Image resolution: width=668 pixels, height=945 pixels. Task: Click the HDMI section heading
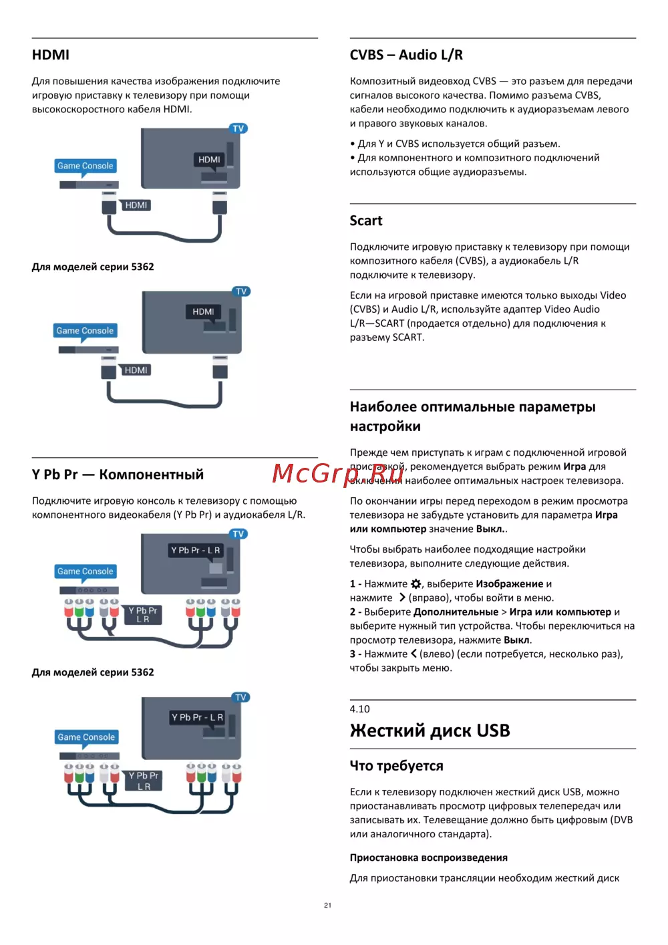pyautogui.click(x=51, y=55)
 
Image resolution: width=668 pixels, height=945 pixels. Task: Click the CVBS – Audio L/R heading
pyautogui.click(x=406, y=55)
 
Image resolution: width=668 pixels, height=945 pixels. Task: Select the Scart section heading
pyautogui.click(x=366, y=221)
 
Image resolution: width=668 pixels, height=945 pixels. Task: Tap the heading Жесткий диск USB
pyautogui.click(x=430, y=730)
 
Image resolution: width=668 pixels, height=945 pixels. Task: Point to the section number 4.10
pyautogui.click(x=359, y=709)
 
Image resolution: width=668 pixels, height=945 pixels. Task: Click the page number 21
pyautogui.click(x=327, y=905)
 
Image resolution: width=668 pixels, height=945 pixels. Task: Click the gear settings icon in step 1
pyautogui.click(x=416, y=583)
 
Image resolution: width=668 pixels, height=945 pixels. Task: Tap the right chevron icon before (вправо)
pyautogui.click(x=402, y=597)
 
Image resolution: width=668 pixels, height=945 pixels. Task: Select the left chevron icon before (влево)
pyautogui.click(x=413, y=654)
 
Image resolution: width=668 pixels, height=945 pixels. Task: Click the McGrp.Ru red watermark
pyautogui.click(x=337, y=473)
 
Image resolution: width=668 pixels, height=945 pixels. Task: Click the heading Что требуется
pyautogui.click(x=396, y=766)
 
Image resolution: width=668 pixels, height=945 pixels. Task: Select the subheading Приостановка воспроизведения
pyautogui.click(x=428, y=857)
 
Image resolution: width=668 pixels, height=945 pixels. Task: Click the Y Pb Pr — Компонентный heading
pyautogui.click(x=118, y=475)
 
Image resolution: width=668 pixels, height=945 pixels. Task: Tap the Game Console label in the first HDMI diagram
pyautogui.click(x=85, y=166)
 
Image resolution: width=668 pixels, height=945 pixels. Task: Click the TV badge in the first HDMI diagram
pyautogui.click(x=238, y=128)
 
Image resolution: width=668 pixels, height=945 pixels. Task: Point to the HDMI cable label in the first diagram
pyautogui.click(x=136, y=205)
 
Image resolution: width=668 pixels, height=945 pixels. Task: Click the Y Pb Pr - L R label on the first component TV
pyautogui.click(x=195, y=550)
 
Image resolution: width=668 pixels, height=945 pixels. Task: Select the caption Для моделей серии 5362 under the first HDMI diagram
pyautogui.click(x=93, y=267)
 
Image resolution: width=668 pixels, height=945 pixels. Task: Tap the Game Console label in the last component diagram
pyautogui.click(x=86, y=737)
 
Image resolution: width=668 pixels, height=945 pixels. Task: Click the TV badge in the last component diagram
pyautogui.click(x=240, y=697)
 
